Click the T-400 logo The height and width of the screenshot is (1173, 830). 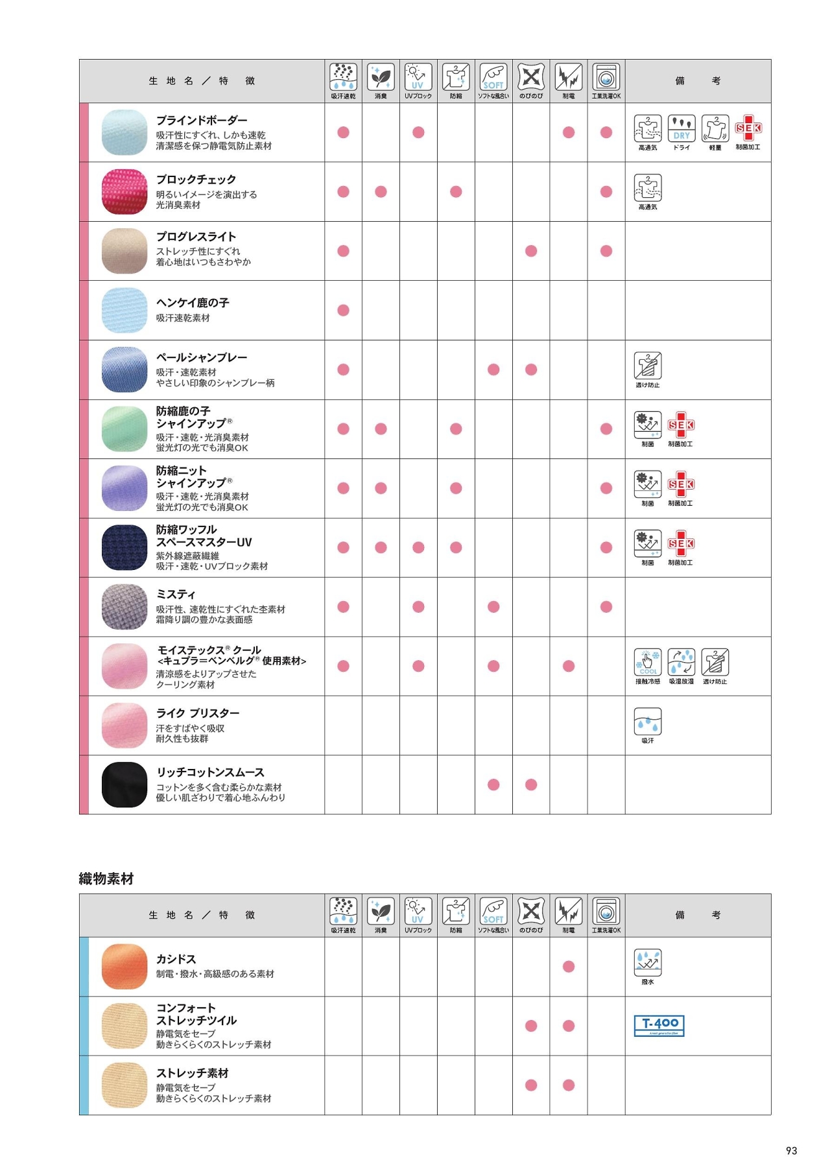point(659,1025)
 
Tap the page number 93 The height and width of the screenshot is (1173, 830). point(791,1150)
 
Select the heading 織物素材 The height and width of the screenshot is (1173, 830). point(106,879)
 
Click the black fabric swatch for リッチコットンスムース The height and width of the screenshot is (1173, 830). point(124,785)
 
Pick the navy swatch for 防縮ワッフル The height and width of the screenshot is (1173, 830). point(124,547)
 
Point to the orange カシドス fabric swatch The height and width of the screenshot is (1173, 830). point(124,966)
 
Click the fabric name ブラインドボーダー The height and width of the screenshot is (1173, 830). point(202,120)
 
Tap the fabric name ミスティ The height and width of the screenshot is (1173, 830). point(176,594)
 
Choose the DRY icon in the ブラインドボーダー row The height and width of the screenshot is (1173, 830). point(682,128)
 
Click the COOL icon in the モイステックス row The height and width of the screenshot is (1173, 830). point(648,662)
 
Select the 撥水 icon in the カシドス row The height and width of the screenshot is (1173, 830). point(648,962)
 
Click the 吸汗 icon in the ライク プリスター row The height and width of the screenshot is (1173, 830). point(648,721)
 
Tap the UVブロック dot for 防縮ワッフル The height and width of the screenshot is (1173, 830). point(418,547)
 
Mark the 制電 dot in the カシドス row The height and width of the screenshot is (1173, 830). point(569,966)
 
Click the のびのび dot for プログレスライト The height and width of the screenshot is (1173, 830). point(531,251)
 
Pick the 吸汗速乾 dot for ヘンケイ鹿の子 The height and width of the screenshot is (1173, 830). point(344,310)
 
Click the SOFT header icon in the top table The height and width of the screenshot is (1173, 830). point(493,77)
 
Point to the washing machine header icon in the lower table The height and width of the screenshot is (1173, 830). point(606,911)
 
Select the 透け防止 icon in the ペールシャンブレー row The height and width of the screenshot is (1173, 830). point(648,366)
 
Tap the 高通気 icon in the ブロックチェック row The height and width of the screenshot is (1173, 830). point(648,188)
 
